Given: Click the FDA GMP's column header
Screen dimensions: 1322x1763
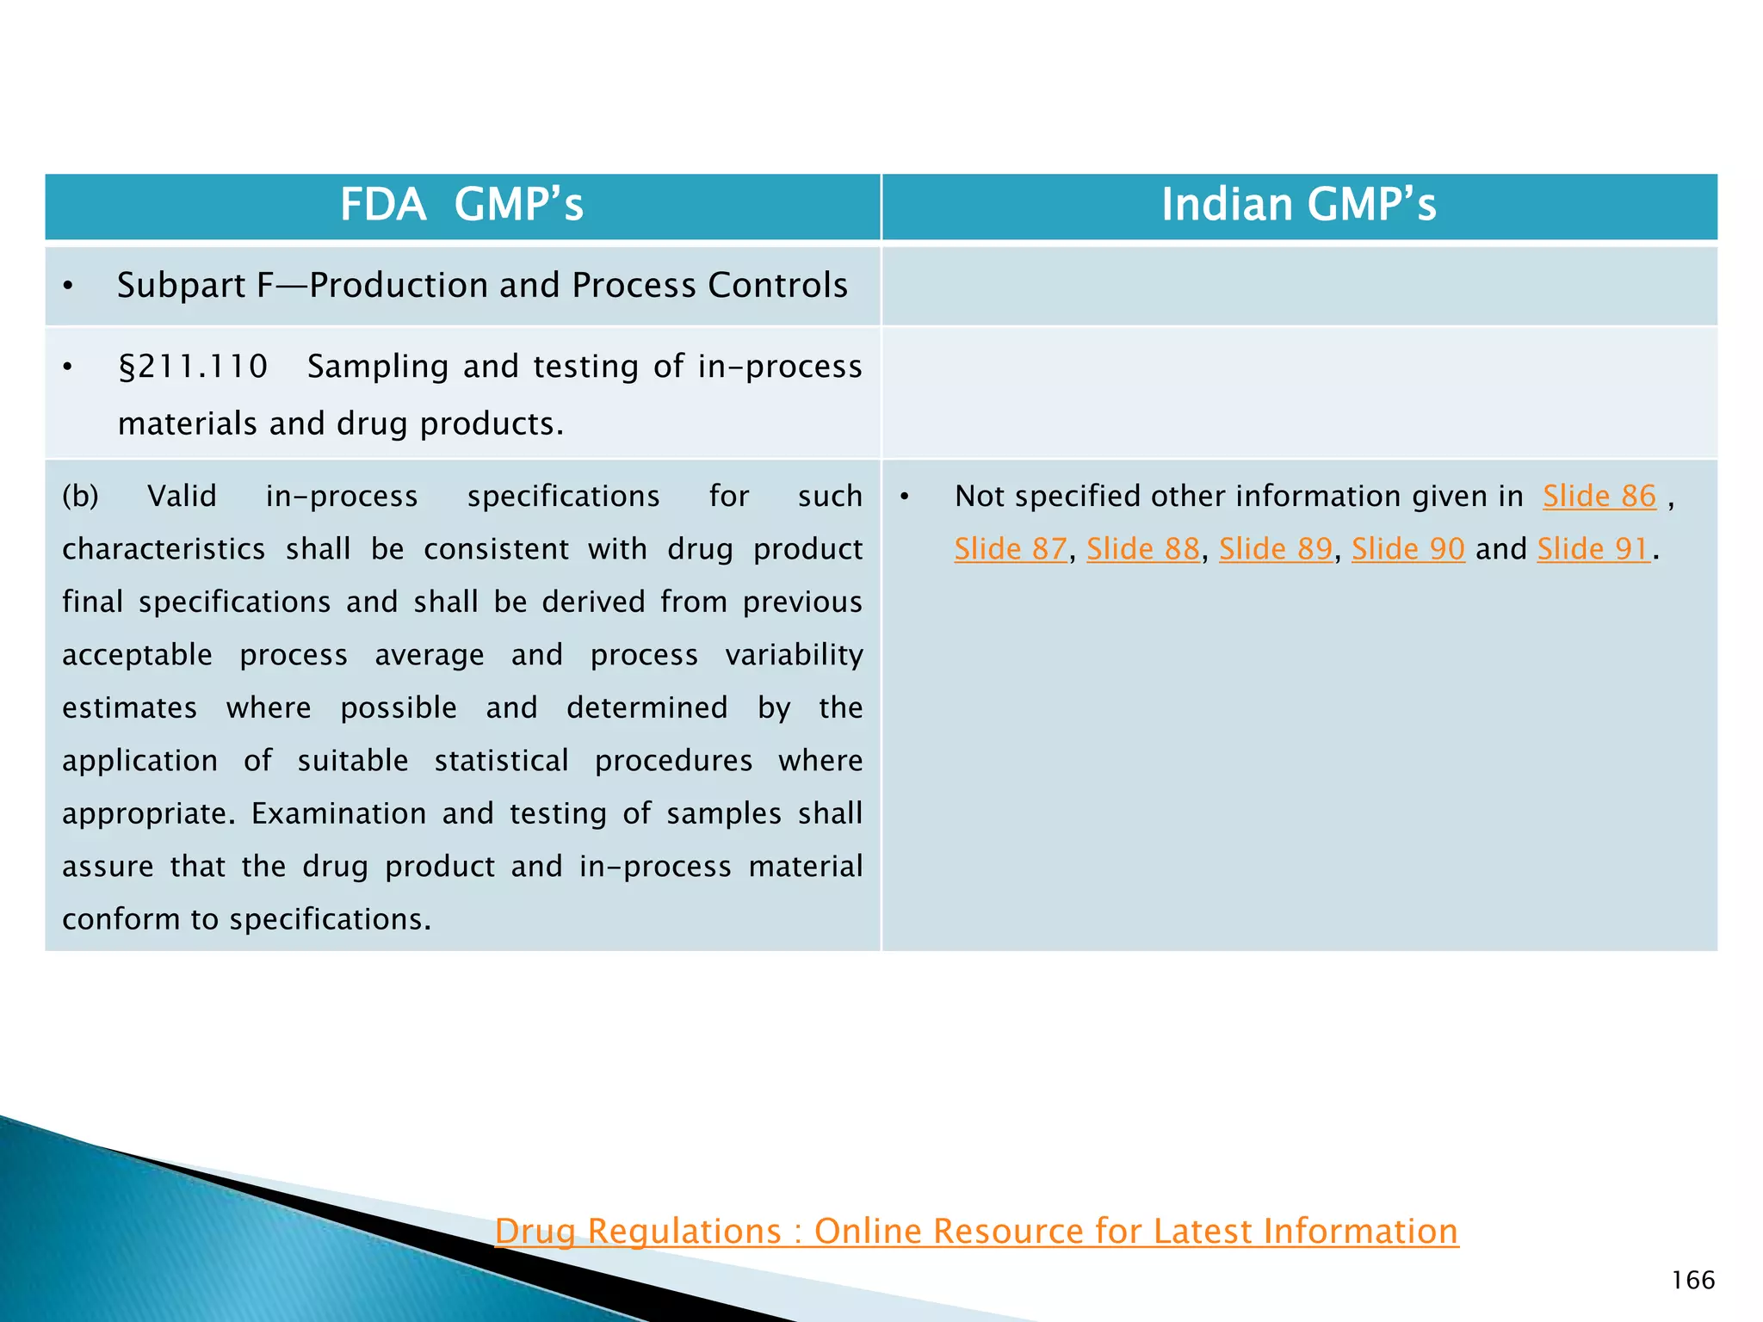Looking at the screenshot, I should point(461,206).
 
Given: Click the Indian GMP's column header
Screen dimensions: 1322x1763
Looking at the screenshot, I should point(1298,206).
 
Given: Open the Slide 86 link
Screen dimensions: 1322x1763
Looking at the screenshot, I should point(1599,497).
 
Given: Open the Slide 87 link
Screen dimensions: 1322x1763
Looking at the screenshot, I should point(1011,549).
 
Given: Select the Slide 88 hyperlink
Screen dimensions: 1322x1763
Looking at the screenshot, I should point(1143,549).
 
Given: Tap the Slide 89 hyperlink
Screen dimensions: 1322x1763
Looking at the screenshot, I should point(1276,549).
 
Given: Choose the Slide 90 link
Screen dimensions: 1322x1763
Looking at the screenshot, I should point(1408,549).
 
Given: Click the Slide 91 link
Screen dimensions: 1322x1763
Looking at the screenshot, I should point(1593,549).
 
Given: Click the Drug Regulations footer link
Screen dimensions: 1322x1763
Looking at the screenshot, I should point(976,1232).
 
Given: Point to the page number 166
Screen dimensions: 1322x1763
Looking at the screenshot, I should point(1693,1281).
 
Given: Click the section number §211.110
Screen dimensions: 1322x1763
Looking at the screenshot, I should point(193,368).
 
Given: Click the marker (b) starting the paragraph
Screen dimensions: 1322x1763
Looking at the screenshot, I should point(80,497).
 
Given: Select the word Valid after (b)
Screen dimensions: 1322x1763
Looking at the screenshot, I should point(182,497).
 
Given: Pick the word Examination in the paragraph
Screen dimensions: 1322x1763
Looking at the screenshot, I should point(338,814).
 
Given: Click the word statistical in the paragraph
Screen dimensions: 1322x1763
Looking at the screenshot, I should point(501,762).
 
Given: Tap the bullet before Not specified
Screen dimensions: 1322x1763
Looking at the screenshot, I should point(905,497).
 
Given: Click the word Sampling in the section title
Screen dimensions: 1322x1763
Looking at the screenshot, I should point(378,368).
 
